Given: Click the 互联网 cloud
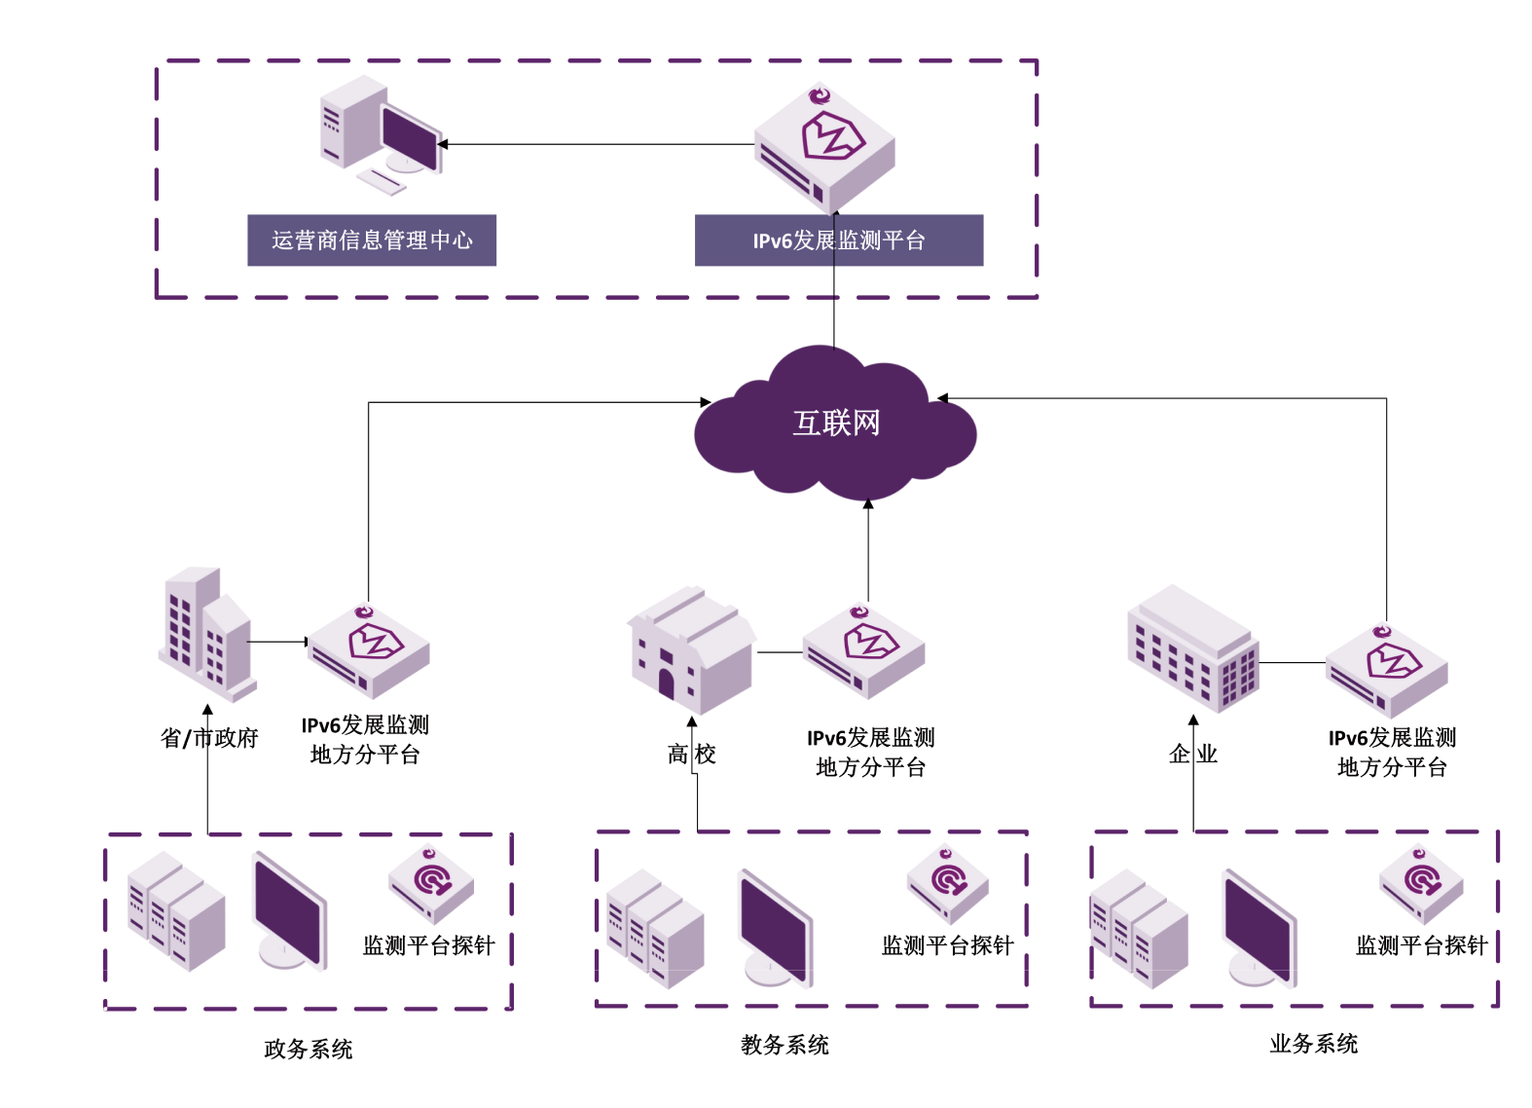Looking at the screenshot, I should tap(835, 424).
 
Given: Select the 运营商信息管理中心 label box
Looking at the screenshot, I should tap(372, 240).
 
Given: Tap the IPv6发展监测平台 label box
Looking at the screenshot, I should tap(839, 240).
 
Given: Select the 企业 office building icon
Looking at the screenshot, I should tap(1193, 646).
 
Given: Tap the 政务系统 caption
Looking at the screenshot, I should tap(309, 1049).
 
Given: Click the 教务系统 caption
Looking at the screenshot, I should tap(784, 1045).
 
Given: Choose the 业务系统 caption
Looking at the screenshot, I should tap(1314, 1044).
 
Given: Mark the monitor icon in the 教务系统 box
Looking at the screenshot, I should tap(775, 928).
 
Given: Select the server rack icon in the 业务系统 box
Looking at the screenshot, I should tap(1139, 930).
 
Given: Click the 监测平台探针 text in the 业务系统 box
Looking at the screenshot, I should tap(1422, 945).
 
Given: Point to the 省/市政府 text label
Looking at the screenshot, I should tap(209, 738).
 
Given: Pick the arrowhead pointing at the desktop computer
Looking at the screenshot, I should tap(443, 144).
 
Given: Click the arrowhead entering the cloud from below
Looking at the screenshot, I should tap(868, 504).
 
